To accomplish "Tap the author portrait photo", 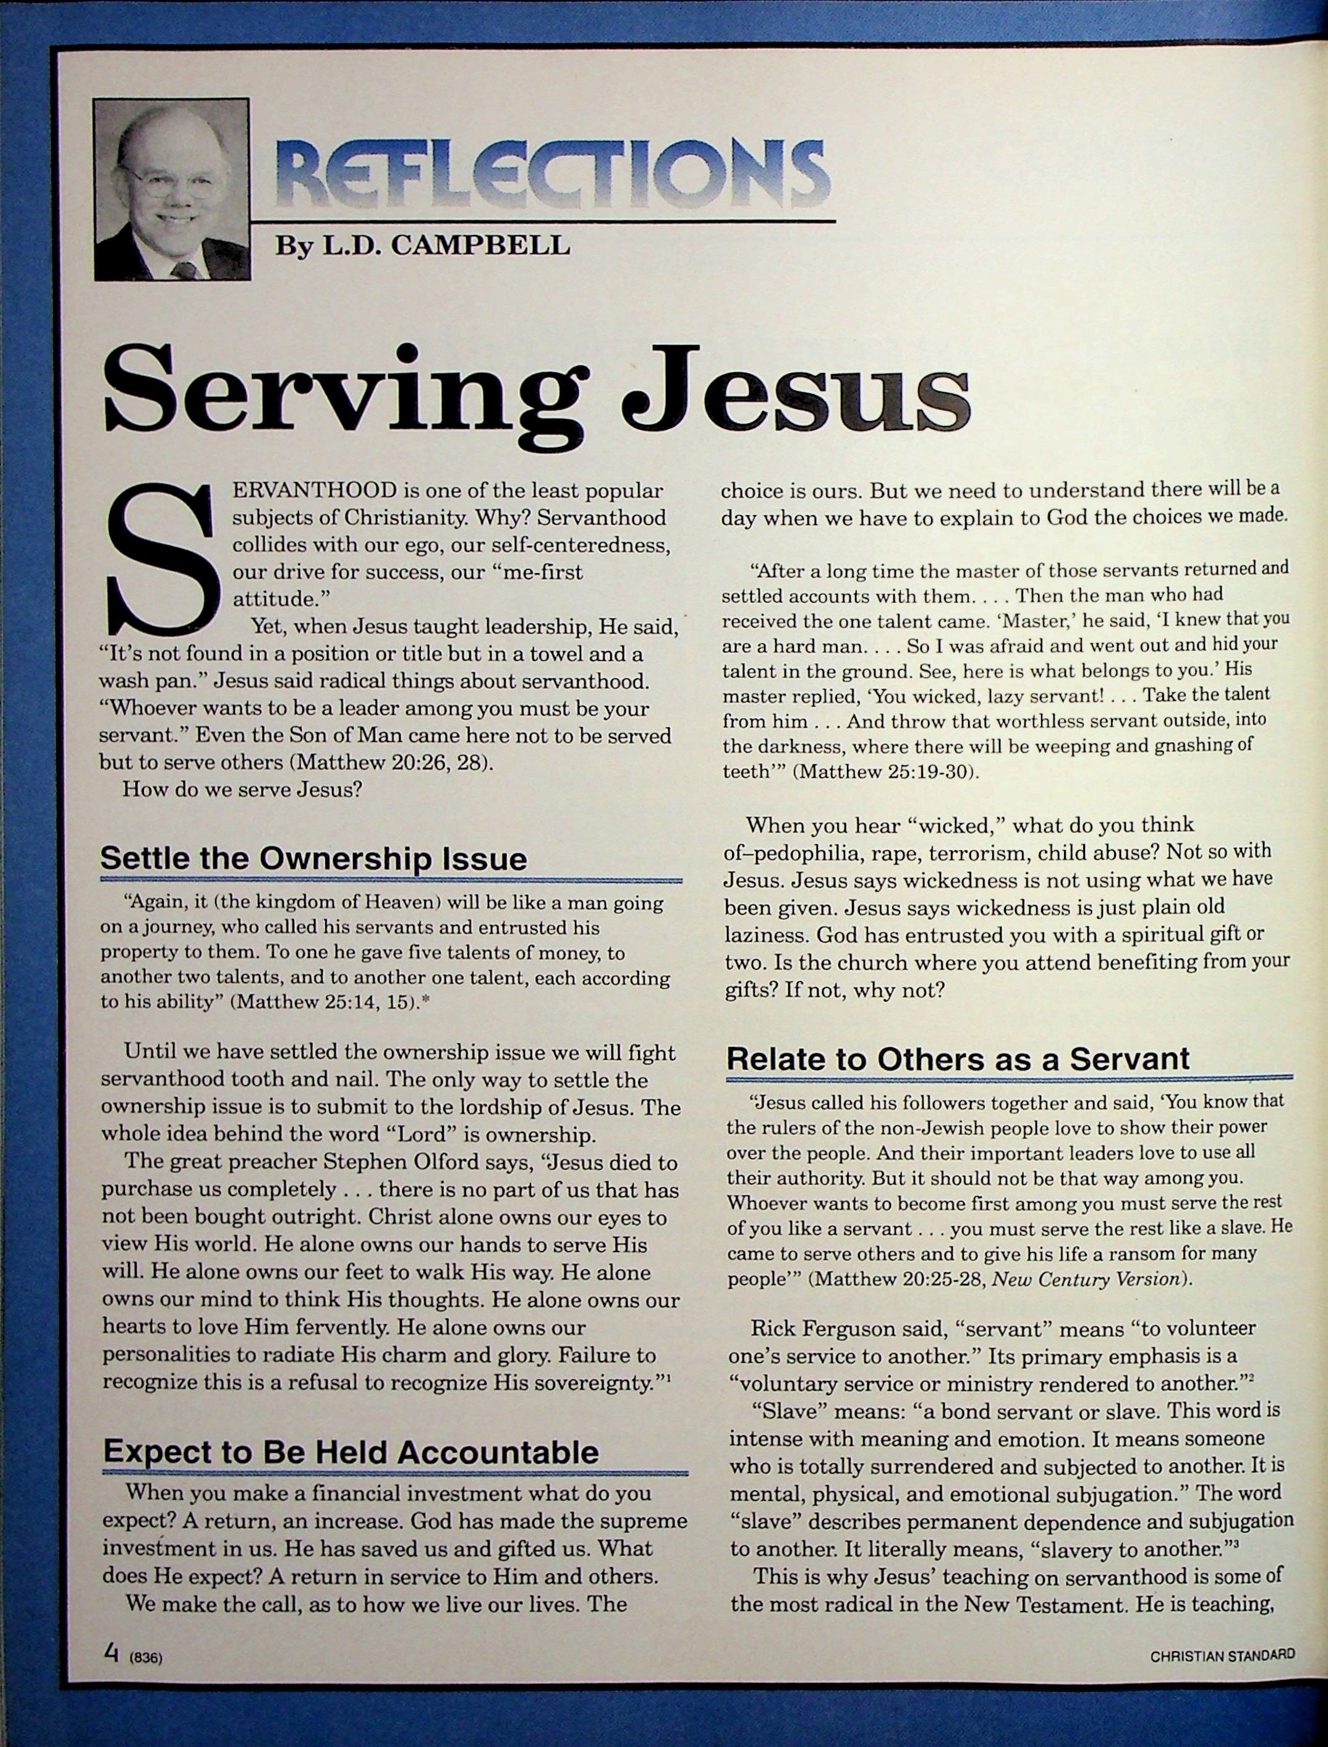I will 171,189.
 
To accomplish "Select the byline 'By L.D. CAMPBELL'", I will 422,246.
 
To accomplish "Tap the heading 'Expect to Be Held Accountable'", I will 351,1451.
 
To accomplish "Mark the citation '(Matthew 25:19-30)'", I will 886,772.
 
